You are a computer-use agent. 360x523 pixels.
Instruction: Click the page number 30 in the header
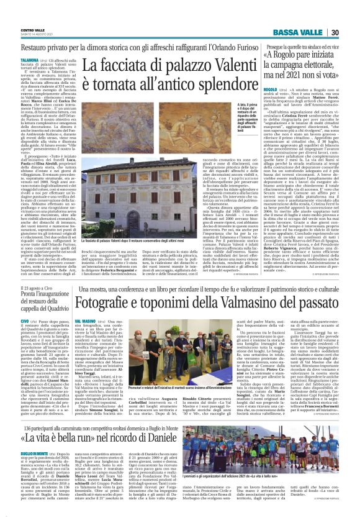351,33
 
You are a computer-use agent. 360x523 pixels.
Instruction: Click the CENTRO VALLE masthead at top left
31,29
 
